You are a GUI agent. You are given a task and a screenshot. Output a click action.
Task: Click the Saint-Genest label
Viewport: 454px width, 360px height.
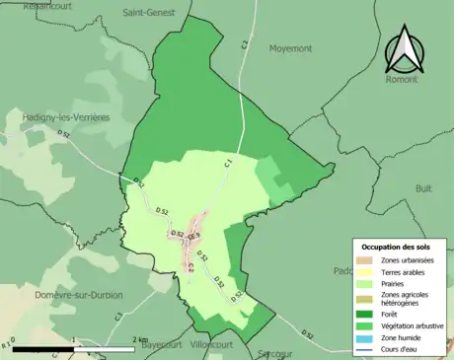[149, 13]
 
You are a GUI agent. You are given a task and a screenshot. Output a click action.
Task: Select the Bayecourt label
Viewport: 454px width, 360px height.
[164, 346]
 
